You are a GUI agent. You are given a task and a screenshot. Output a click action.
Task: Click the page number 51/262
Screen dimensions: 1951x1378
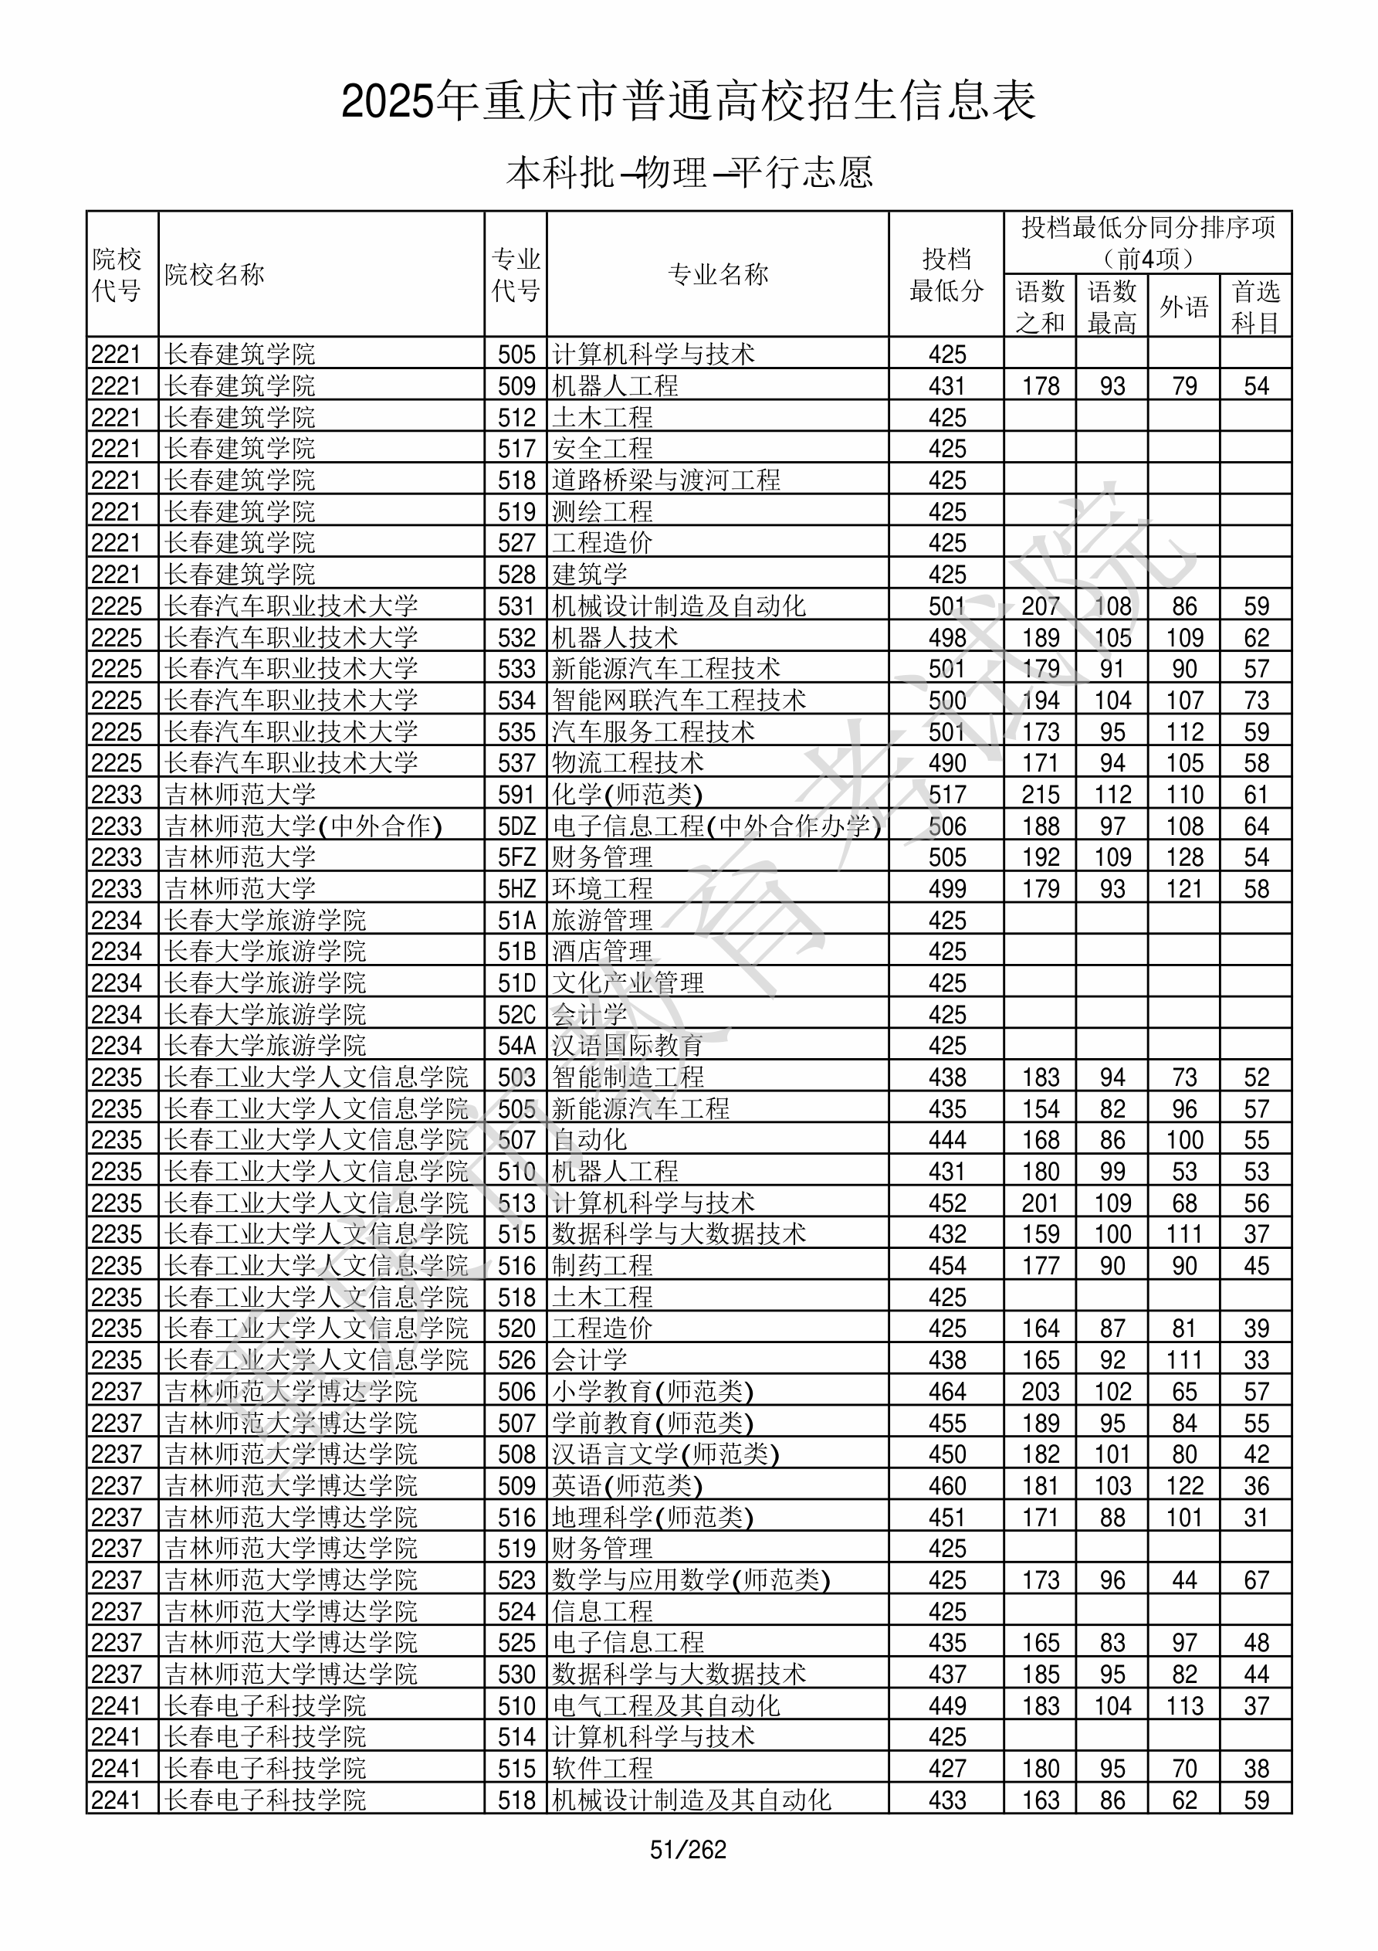687,1849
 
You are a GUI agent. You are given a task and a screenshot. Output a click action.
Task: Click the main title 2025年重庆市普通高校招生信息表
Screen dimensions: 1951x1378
688,101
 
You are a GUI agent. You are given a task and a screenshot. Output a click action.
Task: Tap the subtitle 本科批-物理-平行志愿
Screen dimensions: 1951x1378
688,172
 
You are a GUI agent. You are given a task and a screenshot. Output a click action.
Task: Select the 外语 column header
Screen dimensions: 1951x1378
1183,306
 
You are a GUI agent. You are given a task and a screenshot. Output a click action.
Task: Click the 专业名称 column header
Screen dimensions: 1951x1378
717,273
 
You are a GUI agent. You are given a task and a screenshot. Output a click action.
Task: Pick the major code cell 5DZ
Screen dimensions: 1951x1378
516,826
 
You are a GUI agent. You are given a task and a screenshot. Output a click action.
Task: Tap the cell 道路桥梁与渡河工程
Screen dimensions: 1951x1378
666,480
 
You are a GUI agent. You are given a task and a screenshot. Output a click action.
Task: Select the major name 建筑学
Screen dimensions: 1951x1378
590,575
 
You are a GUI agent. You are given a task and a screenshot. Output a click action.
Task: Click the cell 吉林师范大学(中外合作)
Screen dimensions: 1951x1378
303,826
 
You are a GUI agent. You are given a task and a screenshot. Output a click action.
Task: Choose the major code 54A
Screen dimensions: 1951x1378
516,1046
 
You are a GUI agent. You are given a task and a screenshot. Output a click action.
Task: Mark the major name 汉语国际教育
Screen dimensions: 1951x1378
628,1046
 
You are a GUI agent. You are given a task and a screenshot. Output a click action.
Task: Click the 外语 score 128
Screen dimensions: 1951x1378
1183,857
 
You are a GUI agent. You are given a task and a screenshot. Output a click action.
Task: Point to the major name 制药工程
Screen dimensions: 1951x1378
602,1266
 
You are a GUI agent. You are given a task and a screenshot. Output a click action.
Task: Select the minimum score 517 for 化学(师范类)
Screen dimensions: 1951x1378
946,795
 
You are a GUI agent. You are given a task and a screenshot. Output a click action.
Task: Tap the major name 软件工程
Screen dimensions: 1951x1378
602,1768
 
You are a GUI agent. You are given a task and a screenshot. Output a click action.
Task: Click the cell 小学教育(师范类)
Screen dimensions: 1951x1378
652,1392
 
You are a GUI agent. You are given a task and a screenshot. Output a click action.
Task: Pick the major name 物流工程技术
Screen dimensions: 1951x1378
628,763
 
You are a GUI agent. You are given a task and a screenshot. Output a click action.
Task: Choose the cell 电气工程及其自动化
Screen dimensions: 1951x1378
666,1705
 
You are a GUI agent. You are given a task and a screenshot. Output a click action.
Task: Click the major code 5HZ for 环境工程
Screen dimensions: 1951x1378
516,889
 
